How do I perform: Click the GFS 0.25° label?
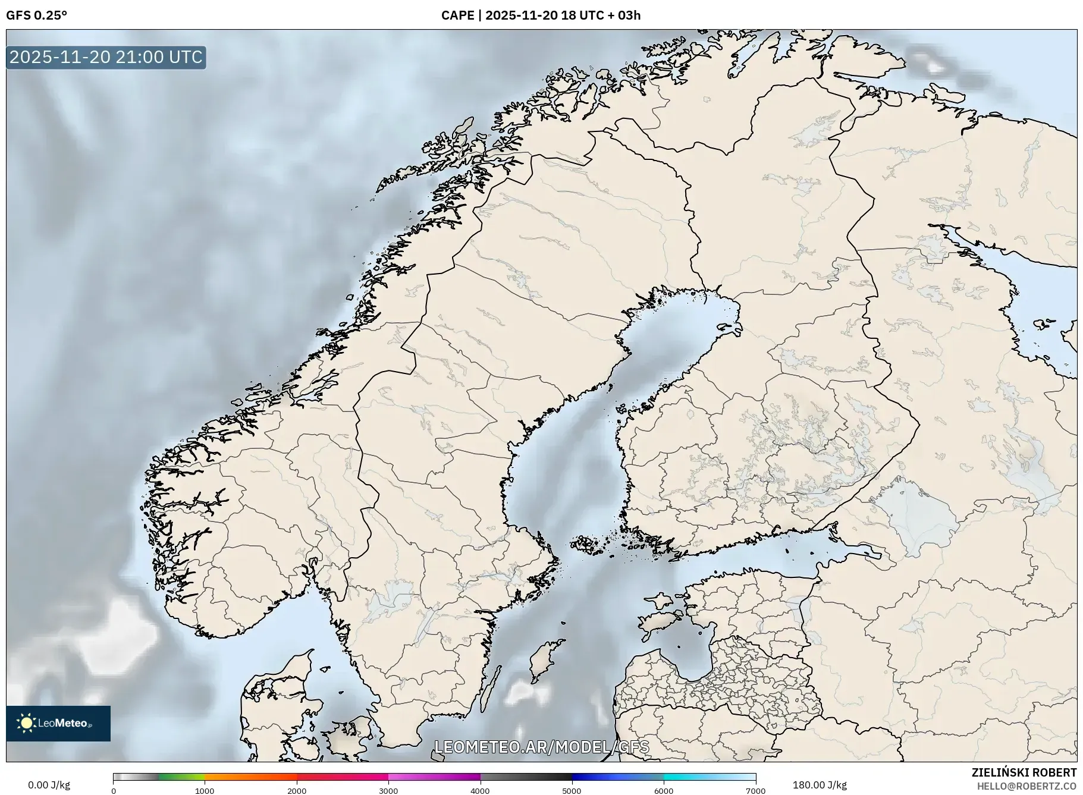point(36,15)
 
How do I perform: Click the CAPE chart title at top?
point(541,15)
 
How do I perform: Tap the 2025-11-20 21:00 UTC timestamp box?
point(106,57)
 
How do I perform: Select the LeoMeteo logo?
point(58,723)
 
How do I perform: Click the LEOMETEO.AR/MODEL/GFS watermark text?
point(541,747)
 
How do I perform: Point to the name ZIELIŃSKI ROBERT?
point(1024,772)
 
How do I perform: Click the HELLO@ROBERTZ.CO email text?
point(1027,786)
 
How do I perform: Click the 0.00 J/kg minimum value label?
point(49,785)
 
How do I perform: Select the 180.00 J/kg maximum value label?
point(820,785)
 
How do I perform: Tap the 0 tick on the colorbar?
point(114,791)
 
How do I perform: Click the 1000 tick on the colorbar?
point(205,791)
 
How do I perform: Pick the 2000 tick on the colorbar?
point(297,791)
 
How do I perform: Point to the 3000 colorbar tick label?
point(388,791)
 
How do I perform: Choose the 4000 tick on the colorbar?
point(480,791)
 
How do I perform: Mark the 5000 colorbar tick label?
point(572,791)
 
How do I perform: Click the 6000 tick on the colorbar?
point(664,791)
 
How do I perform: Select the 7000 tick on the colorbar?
point(755,791)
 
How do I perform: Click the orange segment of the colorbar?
point(250,777)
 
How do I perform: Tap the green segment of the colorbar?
point(181,777)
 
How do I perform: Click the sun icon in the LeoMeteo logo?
point(26,723)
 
